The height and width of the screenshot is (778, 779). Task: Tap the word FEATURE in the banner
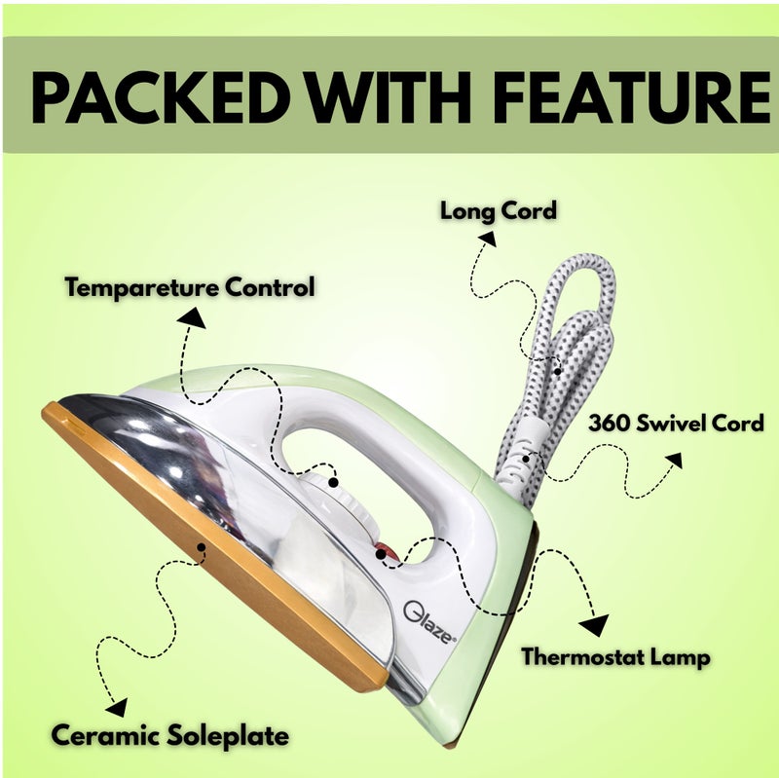(632, 97)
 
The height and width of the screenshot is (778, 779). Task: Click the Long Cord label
(499, 211)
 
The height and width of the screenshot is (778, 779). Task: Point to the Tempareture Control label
(190, 287)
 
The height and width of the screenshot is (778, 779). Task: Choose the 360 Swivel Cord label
(676, 424)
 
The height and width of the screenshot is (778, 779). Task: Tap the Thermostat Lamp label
(615, 657)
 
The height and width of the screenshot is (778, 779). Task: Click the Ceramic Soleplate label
(169, 735)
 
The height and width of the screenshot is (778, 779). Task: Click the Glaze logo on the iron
(428, 622)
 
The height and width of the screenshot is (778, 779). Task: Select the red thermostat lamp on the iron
(387, 552)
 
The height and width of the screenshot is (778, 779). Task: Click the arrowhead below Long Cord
(488, 239)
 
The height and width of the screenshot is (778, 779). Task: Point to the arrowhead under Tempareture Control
(192, 317)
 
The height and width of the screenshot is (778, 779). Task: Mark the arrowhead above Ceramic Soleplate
(118, 707)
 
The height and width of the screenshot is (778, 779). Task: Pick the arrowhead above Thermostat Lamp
(595, 625)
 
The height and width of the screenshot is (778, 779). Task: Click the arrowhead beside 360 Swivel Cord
(675, 460)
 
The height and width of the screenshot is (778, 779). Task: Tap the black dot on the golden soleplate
(202, 547)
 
